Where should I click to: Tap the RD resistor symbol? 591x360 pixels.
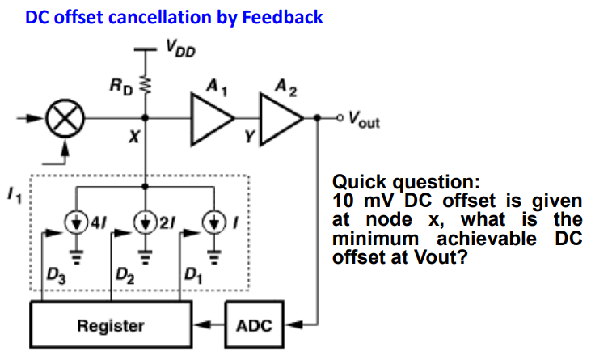[145, 86]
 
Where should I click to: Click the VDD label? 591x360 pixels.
[180, 49]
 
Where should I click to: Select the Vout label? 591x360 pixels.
[364, 119]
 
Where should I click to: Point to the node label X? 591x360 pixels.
[134, 137]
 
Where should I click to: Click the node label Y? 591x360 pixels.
[249, 136]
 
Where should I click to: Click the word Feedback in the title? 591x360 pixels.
[282, 17]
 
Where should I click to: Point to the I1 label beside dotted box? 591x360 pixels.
[15, 196]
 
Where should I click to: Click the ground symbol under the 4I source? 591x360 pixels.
[77, 257]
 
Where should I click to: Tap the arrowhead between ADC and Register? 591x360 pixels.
[202, 324]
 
